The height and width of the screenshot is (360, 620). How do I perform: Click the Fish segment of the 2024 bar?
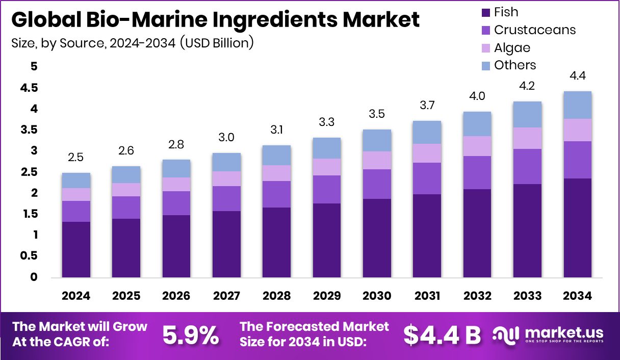[76, 249]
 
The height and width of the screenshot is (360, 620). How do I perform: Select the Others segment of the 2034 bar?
[578, 105]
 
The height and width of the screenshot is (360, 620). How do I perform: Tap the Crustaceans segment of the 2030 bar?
[377, 184]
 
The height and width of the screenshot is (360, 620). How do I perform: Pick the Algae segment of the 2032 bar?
[477, 146]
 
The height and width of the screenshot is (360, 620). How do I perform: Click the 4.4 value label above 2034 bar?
[578, 76]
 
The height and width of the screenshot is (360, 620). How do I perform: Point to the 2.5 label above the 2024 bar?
[76, 158]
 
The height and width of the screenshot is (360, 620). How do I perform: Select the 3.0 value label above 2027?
[226, 138]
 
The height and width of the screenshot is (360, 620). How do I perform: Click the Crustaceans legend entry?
[535, 30]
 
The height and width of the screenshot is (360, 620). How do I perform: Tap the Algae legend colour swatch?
[485, 48]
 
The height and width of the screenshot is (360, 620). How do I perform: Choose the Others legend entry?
[515, 65]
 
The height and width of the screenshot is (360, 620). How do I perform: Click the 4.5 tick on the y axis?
[30, 88]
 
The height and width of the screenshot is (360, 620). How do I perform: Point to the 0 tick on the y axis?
[34, 277]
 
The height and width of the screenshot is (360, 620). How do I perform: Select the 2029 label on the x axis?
[327, 296]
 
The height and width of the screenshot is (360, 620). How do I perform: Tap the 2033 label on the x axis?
[527, 296]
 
